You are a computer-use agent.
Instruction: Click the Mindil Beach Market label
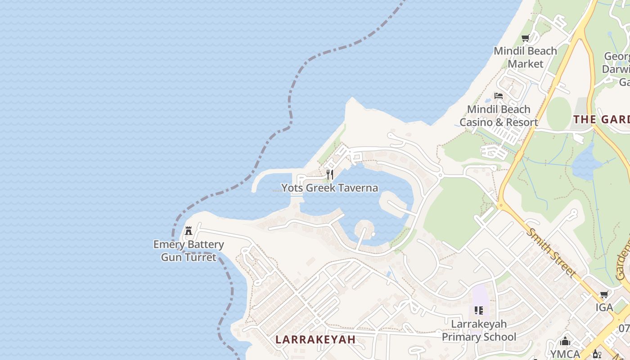(x=525, y=57)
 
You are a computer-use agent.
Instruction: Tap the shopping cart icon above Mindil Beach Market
(x=525, y=38)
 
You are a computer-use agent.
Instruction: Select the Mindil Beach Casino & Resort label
(x=499, y=116)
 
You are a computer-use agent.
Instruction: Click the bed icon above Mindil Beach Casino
(x=499, y=96)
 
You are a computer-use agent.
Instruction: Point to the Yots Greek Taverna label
(x=329, y=188)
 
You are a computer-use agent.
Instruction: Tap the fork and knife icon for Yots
(x=330, y=175)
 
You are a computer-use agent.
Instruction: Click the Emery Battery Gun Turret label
(x=189, y=251)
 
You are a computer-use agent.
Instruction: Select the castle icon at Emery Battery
(x=189, y=231)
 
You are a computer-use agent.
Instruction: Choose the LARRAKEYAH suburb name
(x=315, y=339)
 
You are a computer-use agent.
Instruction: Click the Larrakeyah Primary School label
(x=479, y=330)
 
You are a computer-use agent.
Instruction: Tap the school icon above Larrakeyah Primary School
(x=479, y=310)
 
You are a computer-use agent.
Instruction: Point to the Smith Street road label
(x=551, y=253)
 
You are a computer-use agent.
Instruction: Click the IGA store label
(x=604, y=307)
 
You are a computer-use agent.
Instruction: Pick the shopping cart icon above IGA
(x=604, y=295)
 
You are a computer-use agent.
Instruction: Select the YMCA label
(x=565, y=354)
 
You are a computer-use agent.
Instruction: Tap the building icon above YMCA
(x=565, y=342)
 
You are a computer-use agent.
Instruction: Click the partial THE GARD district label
(x=601, y=119)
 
